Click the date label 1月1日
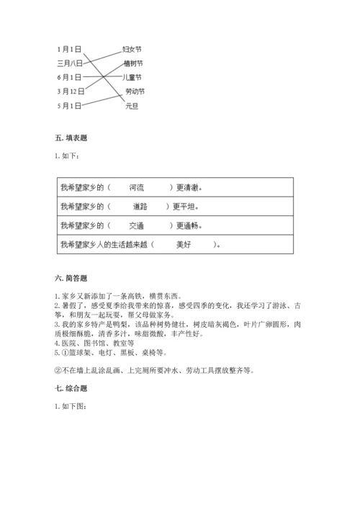point(69,49)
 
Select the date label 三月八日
point(70,63)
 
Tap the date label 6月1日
point(69,77)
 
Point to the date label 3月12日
point(71,91)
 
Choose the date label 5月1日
point(69,106)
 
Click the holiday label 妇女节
point(132,49)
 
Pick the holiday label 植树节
point(132,63)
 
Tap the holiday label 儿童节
point(132,77)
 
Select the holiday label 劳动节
point(135,91)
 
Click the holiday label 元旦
point(131,106)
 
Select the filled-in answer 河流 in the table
point(137,187)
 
